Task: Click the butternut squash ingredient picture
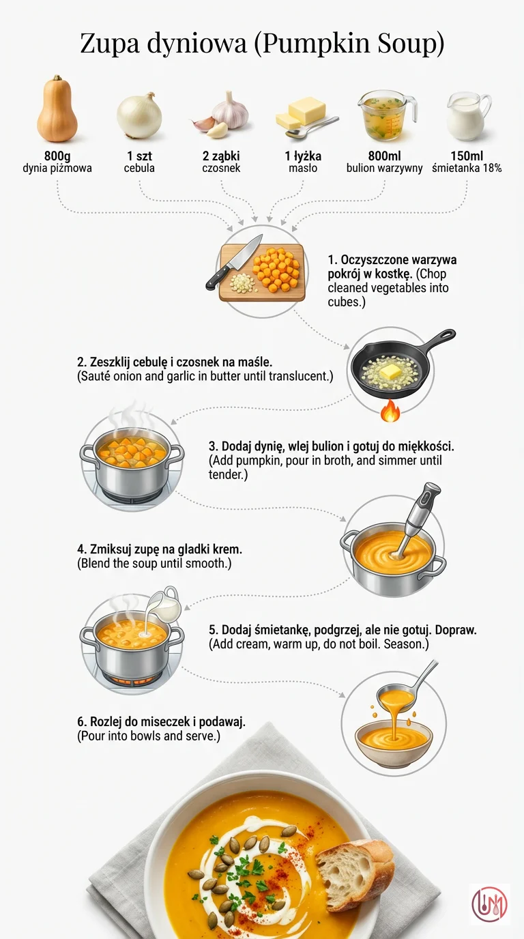[x=57, y=109]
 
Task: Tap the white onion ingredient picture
[x=140, y=115]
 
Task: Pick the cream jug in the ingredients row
[x=468, y=116]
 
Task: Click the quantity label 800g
[x=57, y=156]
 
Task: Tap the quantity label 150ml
[x=467, y=156]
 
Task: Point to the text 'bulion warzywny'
[x=384, y=169]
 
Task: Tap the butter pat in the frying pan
[x=390, y=371]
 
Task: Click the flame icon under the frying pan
[x=390, y=410]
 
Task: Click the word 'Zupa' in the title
[x=110, y=44]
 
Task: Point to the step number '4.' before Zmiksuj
[x=82, y=549]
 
